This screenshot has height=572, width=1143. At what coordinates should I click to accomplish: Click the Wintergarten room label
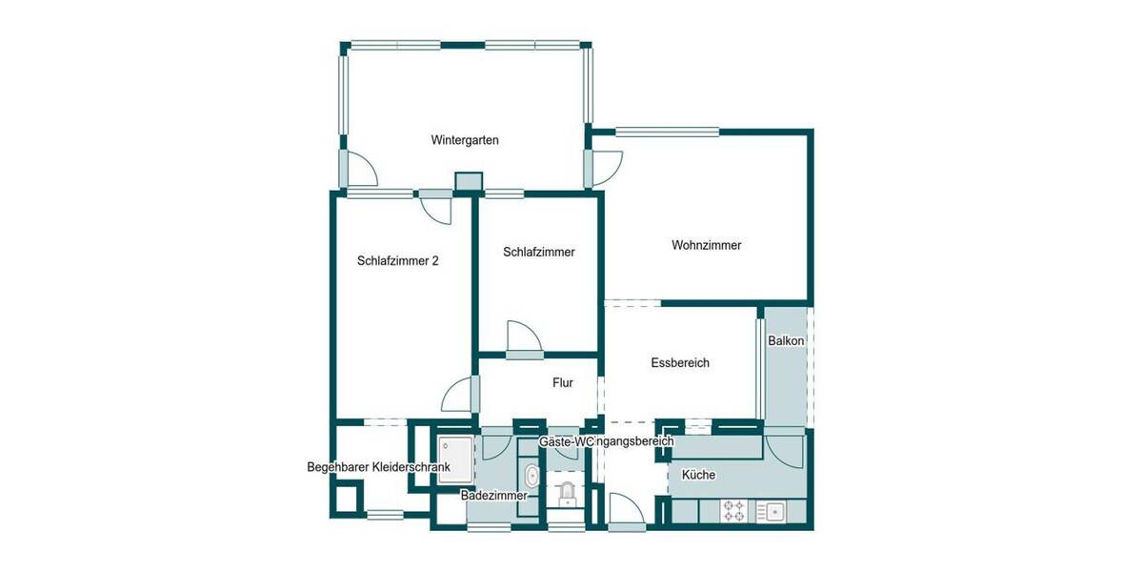[x=465, y=140]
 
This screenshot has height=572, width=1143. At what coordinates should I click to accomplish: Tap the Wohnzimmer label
[x=706, y=245]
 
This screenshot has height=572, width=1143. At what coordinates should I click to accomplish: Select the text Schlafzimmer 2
[x=398, y=260]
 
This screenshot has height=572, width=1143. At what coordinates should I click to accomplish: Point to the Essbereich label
[x=680, y=362]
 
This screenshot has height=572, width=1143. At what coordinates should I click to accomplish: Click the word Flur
[x=563, y=383]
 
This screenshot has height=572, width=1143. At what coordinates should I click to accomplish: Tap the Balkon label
[x=787, y=340]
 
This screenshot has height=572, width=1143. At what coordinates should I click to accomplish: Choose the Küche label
[x=698, y=475]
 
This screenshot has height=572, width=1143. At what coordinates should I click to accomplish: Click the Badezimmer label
[x=492, y=496]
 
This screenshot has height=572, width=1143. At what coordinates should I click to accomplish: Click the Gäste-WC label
[x=566, y=442]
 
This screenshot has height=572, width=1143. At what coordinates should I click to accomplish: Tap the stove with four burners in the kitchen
[x=734, y=511]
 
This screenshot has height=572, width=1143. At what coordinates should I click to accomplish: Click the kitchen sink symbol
[x=772, y=511]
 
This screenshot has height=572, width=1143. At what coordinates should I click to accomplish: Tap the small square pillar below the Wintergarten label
[x=469, y=181]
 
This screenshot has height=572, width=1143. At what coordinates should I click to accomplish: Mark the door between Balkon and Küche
[x=787, y=448]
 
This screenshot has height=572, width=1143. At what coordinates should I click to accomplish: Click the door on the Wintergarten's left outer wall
[x=357, y=170]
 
